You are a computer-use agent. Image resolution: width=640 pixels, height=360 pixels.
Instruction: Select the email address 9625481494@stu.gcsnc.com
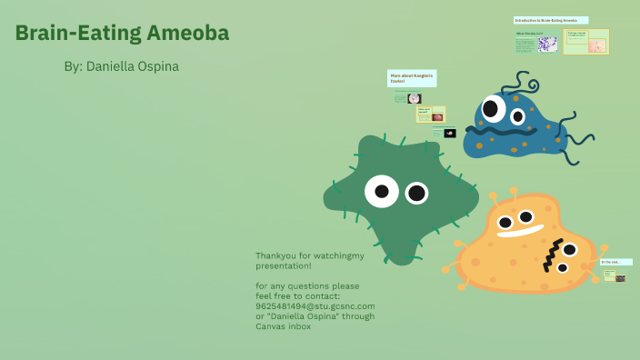click(315, 306)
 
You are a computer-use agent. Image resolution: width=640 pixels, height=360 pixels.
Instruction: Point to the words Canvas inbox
click(284, 326)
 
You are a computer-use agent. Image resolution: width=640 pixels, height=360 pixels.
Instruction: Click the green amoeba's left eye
click(382, 191)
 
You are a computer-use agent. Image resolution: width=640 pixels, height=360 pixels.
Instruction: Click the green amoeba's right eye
click(416, 193)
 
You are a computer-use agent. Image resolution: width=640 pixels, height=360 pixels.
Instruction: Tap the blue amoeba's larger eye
click(491, 109)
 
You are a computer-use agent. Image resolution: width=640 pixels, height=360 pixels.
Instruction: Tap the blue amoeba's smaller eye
click(517, 116)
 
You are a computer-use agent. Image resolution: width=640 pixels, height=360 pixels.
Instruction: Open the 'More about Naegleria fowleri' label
click(412, 78)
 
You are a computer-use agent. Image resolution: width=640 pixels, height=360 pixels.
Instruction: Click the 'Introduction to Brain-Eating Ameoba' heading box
click(550, 20)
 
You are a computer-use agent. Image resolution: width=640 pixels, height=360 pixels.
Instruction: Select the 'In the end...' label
click(615, 262)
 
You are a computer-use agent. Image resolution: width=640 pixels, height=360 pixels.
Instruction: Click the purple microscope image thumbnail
click(548, 44)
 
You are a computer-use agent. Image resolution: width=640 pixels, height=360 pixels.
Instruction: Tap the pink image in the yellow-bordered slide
click(596, 45)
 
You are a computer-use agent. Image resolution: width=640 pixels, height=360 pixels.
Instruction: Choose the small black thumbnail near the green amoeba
click(450, 133)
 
